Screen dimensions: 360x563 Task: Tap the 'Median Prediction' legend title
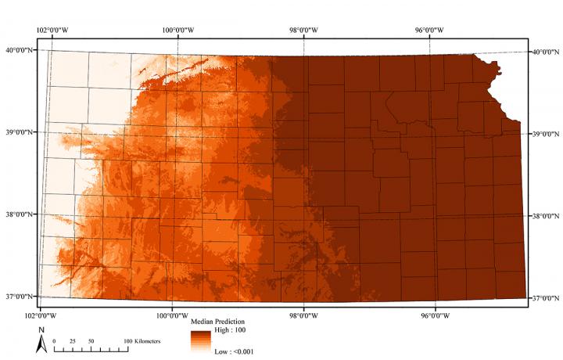point(218,322)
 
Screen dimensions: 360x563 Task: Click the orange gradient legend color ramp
point(200,342)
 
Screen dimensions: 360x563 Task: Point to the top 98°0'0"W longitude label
point(304,30)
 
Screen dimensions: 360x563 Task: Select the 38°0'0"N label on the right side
point(547,216)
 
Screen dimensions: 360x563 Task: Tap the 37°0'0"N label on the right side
point(547,298)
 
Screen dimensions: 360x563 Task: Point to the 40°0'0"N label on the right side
point(547,52)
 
